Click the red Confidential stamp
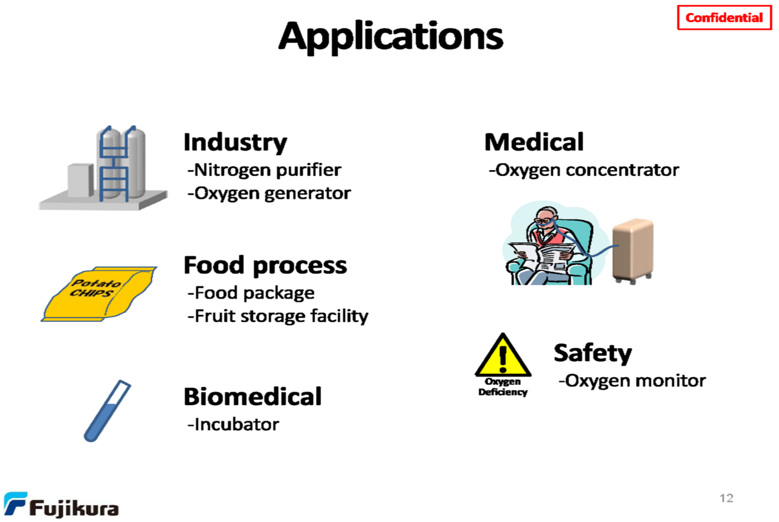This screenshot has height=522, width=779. pyautogui.click(x=724, y=18)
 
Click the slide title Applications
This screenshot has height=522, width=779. pyautogui.click(x=391, y=36)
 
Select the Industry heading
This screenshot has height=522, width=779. pyautogui.click(x=235, y=142)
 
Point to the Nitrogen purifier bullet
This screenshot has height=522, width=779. pyautogui.click(x=264, y=170)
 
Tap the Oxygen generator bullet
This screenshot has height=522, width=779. pyautogui.click(x=269, y=193)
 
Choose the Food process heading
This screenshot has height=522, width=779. pyautogui.click(x=265, y=265)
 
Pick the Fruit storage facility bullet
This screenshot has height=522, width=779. pyautogui.click(x=278, y=316)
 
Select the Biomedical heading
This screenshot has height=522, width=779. pyautogui.click(x=253, y=396)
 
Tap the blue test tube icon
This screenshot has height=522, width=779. pyautogui.click(x=106, y=411)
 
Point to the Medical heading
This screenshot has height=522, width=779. pyautogui.click(x=534, y=142)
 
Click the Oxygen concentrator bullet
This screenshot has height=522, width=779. pyautogui.click(x=584, y=170)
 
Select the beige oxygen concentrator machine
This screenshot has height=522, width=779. pyautogui.click(x=633, y=250)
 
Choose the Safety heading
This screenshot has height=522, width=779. pyautogui.click(x=592, y=353)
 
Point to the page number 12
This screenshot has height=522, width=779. pyautogui.click(x=726, y=498)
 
